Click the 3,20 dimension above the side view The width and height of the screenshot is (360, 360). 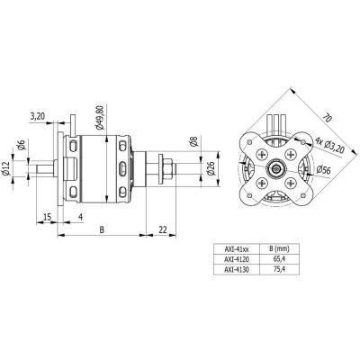[x=38, y=116]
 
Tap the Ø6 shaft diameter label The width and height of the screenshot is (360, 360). [x=19, y=146]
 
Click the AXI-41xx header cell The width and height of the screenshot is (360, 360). [x=238, y=247]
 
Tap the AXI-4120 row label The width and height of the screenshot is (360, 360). [x=238, y=257]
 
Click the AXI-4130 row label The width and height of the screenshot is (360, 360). [x=238, y=267]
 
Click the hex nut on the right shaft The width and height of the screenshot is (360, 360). [x=167, y=165]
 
